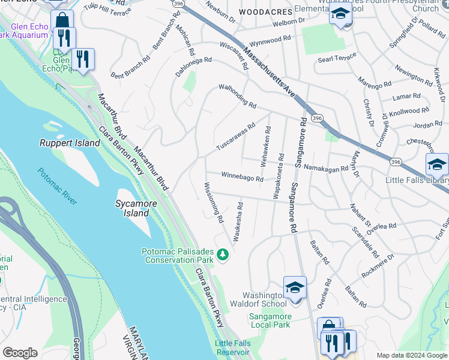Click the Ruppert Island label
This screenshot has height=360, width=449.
click(69, 143)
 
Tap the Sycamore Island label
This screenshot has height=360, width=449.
click(132, 208)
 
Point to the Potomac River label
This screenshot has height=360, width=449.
click(58, 186)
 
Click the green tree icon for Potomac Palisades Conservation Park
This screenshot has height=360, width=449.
click(223, 256)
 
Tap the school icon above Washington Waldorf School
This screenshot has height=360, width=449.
click(295, 287)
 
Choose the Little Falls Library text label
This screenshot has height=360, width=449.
click(419, 180)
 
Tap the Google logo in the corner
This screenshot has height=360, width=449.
click(20, 353)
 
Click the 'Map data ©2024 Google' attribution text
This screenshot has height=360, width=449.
click(411, 355)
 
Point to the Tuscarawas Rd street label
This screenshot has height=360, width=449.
click(236, 137)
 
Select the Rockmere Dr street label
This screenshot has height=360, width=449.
click(378, 266)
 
